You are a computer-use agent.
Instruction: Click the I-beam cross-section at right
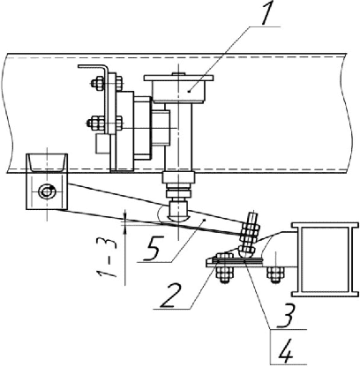pos(325,259)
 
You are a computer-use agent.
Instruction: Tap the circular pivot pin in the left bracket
pos(47,191)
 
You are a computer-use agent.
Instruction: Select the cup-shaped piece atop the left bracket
pos(47,162)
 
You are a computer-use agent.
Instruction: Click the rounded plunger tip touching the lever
pos(178,211)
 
